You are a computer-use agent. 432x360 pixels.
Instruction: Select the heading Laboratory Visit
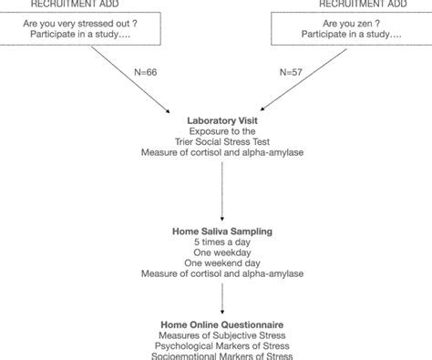pos(221,120)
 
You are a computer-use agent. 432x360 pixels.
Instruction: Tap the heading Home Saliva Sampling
pos(221,231)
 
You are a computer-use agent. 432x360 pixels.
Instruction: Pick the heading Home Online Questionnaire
pos(221,324)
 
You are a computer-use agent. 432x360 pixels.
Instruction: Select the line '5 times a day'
pos(221,242)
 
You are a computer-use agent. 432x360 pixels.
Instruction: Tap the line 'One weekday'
pos(221,252)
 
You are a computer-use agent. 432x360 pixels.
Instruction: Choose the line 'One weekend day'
pos(221,262)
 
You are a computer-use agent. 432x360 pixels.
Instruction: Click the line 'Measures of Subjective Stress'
pos(221,334)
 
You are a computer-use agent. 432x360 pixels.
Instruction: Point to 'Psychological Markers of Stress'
pos(221,345)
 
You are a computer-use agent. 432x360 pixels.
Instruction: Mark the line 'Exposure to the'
pos(221,131)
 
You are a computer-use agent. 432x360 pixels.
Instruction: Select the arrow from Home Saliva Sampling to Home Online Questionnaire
pos(221,296)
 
